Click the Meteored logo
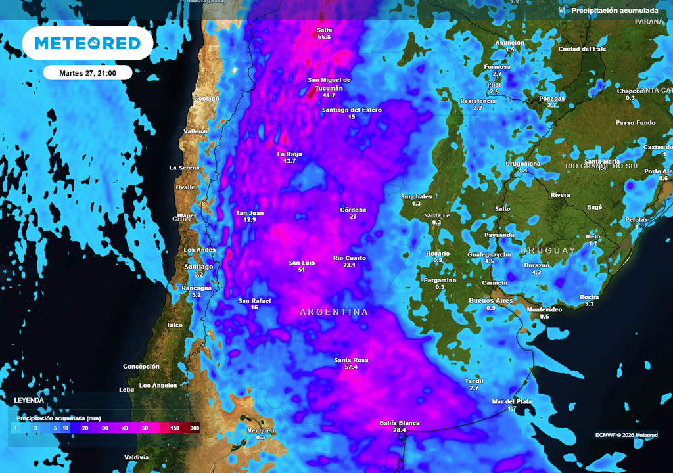87,43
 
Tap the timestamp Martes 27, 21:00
87,73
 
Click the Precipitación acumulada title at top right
614,11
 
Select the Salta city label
324,30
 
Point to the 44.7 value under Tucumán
329,95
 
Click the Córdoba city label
353,210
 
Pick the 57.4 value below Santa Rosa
351,367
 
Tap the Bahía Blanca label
399,423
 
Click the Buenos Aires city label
490,300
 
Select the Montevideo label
544,309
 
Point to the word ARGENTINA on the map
334,312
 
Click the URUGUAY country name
547,250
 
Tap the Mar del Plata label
511,401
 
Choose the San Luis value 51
301,270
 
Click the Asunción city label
510,43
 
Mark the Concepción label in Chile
141,366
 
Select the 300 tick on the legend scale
195,428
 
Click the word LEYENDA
30,400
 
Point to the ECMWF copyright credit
626,435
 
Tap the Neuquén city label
260,430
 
